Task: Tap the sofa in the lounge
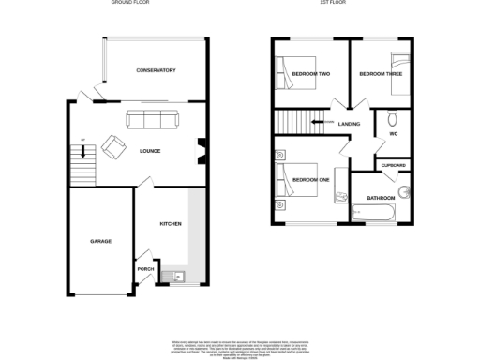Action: pyautogui.click(x=153, y=119)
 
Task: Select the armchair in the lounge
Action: pyautogui.click(x=113, y=145)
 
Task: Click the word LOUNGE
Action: pyautogui.click(x=150, y=151)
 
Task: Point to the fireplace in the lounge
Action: pyautogui.click(x=201, y=151)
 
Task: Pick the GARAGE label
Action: pyautogui.click(x=100, y=241)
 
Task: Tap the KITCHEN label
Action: pyautogui.click(x=170, y=223)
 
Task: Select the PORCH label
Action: pyautogui.click(x=145, y=269)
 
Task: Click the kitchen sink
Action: pyautogui.click(x=175, y=277)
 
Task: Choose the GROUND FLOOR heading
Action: pyautogui.click(x=133, y=4)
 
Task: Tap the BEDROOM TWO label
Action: pyautogui.click(x=309, y=73)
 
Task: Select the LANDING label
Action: pyautogui.click(x=349, y=123)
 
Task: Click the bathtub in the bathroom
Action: pyautogui.click(x=372, y=215)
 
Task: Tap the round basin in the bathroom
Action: pyautogui.click(x=405, y=194)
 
